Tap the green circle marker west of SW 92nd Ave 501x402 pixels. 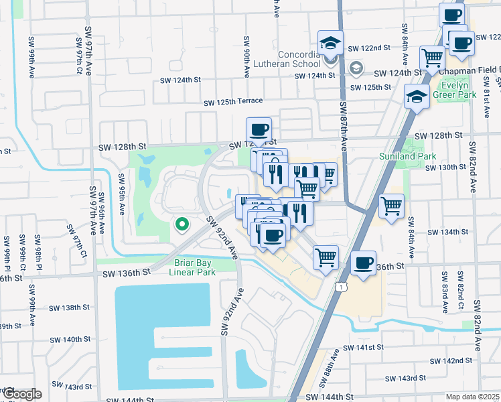181,225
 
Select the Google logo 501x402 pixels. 21,393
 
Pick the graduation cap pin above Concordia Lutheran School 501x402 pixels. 331,44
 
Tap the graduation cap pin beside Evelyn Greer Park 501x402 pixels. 417,97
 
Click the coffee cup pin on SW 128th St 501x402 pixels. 259,129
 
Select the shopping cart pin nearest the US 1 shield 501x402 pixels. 326,257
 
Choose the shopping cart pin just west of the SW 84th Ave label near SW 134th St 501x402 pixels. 392,206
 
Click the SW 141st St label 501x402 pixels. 362,348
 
